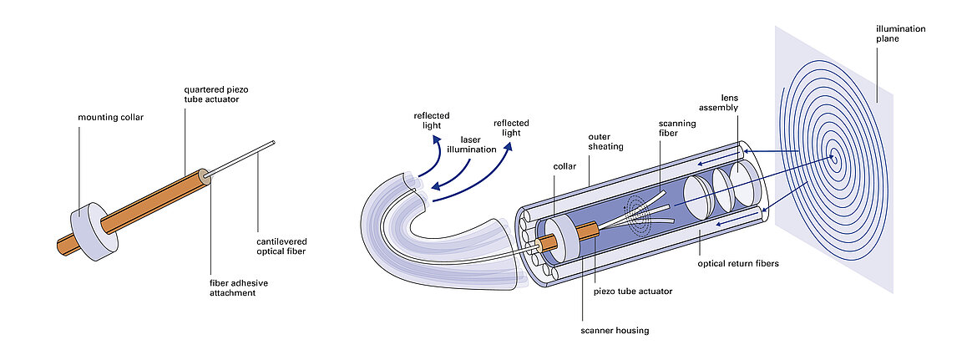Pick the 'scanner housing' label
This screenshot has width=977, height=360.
(x=615, y=330)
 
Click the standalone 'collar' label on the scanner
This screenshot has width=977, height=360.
(x=565, y=165)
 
